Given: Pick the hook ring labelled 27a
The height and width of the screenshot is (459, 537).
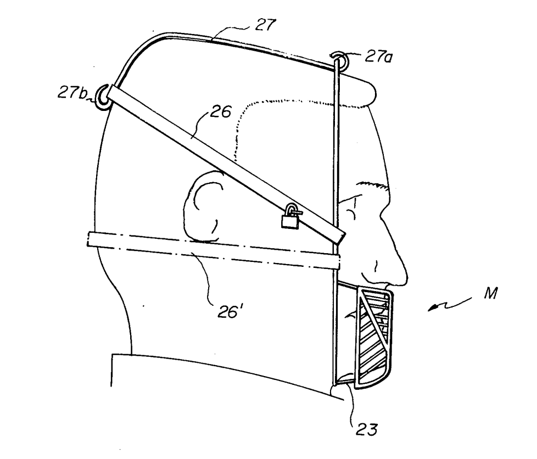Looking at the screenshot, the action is coord(338,60).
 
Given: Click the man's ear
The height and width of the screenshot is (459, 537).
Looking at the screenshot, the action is coord(203,206).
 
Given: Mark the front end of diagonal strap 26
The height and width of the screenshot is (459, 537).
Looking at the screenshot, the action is coord(340,237).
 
